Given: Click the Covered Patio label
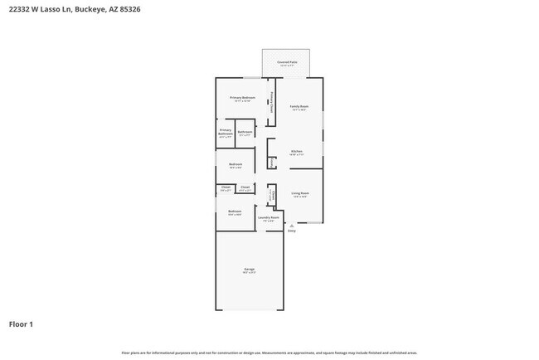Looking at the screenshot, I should coord(288,62).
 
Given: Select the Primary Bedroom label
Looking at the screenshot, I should coord(242,98).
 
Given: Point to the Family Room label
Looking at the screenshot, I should coord(299,106).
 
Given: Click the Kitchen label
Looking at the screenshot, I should coord(296,151).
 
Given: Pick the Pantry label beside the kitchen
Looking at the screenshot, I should coord(273,161).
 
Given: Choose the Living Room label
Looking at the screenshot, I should coord(299,193).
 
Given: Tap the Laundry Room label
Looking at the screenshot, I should coord(269,217).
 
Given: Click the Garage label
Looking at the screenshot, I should coord(249,270).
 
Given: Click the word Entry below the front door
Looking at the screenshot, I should coord(291,231).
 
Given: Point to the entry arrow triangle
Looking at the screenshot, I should coord(291,225).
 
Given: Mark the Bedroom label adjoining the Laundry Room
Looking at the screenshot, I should coord(235,212).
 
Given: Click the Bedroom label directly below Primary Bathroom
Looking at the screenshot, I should coord(235,164).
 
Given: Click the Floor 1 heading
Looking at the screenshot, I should coord(21,324).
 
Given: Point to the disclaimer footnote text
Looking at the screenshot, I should coord(269,353).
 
